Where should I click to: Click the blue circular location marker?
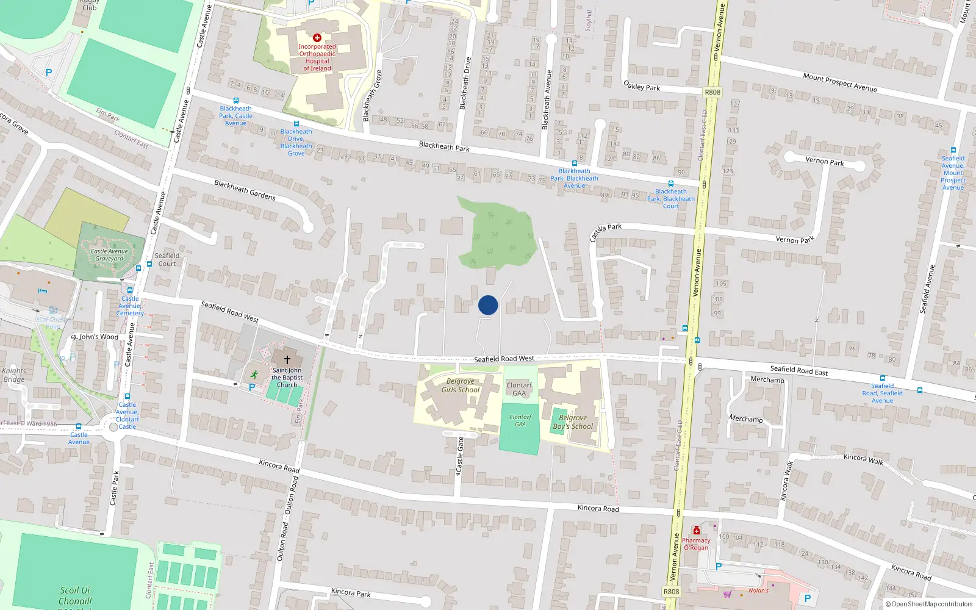click(x=488, y=305)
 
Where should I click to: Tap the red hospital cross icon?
click(x=317, y=38)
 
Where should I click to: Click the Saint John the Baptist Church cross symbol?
click(x=287, y=360)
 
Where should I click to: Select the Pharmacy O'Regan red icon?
click(x=697, y=531)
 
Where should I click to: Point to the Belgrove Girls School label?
click(x=461, y=386)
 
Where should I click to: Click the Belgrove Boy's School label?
click(x=573, y=422)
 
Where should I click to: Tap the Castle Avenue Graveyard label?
click(x=109, y=255)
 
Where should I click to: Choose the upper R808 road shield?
click(x=712, y=92)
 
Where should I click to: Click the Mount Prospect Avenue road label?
click(x=840, y=82)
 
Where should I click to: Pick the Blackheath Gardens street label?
click(x=245, y=190)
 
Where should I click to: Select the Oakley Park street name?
click(x=642, y=86)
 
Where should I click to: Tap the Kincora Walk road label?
click(x=863, y=459)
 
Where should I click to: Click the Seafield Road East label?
click(x=798, y=370)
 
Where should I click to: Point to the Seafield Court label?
click(x=167, y=260)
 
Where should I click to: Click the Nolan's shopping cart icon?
click(x=727, y=594)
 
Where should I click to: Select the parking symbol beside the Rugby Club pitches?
click(x=49, y=73)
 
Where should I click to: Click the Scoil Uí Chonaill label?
click(x=75, y=595)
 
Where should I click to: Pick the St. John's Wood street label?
click(x=95, y=337)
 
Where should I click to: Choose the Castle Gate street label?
click(x=461, y=456)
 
